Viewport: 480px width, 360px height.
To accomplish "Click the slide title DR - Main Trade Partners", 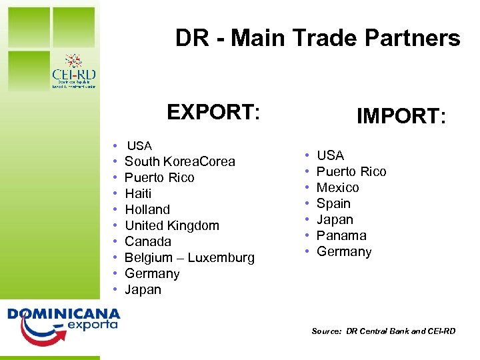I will [317, 39].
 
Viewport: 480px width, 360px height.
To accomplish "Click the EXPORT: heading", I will [213, 112].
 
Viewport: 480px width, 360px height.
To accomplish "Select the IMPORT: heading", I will [401, 117].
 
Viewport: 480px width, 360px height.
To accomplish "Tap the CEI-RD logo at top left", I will [73, 71].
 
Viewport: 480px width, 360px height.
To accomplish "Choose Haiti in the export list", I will [138, 193].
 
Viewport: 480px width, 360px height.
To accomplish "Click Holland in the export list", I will [147, 209].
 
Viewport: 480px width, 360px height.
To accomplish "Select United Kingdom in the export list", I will [172, 225].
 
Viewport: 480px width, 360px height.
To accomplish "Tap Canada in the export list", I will [148, 241].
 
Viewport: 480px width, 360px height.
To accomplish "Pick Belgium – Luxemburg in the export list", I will [189, 257].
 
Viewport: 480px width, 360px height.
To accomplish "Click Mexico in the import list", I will [337, 187].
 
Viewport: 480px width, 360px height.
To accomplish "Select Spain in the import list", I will [333, 203].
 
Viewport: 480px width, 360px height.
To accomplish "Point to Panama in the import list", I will [341, 235].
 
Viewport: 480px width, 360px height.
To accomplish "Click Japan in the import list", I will [335, 219].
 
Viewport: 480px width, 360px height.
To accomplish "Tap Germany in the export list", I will [152, 273].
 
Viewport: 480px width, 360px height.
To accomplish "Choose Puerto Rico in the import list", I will [351, 171].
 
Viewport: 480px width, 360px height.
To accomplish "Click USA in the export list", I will [139, 145].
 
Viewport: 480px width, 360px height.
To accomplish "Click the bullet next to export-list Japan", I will [116, 289].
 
